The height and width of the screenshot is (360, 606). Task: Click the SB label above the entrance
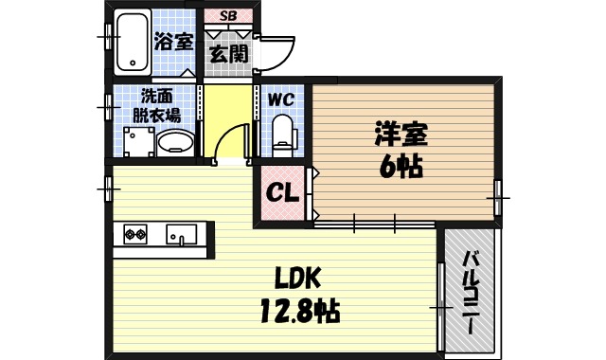pyautogui.click(x=229, y=16)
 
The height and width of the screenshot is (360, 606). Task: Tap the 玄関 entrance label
pyautogui.click(x=229, y=53)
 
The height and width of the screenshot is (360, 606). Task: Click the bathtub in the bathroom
pyautogui.click(x=133, y=45)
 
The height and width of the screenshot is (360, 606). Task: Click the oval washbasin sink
pyautogui.click(x=175, y=144)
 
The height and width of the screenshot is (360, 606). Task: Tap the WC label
pyautogui.click(x=282, y=99)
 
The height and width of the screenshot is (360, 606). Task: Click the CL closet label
pyautogui.click(x=281, y=192)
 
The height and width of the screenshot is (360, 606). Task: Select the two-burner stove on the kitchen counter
pyautogui.click(x=132, y=233)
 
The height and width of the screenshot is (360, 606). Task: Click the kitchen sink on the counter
pyautogui.click(x=180, y=233)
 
